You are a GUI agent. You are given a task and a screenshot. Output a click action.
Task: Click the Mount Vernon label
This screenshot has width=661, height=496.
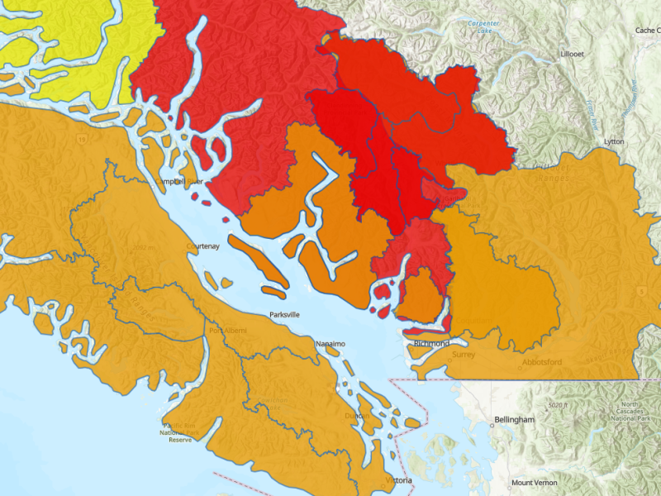(534, 483)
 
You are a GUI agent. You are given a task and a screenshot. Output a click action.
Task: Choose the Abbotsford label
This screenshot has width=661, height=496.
(542, 362)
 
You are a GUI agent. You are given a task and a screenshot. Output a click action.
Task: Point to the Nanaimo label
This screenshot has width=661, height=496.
(330, 343)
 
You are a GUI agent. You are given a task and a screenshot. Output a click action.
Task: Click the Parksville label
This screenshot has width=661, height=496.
(284, 315)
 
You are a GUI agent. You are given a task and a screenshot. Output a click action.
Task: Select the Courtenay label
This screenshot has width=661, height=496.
(203, 246)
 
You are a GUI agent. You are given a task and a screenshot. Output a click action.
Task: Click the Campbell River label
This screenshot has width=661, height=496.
(179, 181)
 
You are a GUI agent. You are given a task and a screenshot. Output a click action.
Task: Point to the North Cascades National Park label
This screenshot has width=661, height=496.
(634, 412)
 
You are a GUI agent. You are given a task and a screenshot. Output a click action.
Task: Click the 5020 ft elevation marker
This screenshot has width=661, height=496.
(561, 405)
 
